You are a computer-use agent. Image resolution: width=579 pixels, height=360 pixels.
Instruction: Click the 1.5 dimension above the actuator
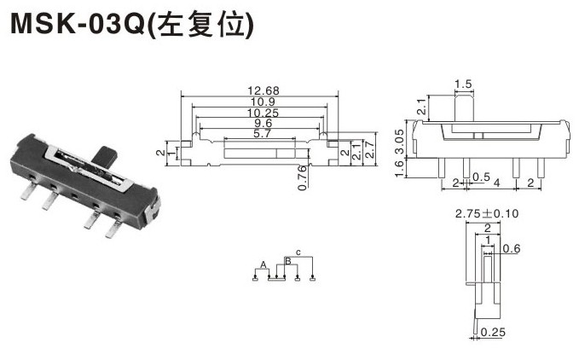(x=463, y=84)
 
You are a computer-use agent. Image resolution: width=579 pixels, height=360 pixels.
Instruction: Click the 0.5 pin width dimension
(x=480, y=177)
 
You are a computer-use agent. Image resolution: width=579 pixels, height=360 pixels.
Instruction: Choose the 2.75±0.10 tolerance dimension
(x=488, y=214)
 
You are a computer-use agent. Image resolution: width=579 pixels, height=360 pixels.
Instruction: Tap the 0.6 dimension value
(x=510, y=248)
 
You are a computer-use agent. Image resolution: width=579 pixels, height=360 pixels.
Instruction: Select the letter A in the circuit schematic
(x=265, y=264)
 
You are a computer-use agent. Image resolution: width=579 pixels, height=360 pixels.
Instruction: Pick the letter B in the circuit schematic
(x=287, y=259)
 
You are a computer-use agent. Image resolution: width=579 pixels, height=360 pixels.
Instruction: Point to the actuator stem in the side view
(x=463, y=107)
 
